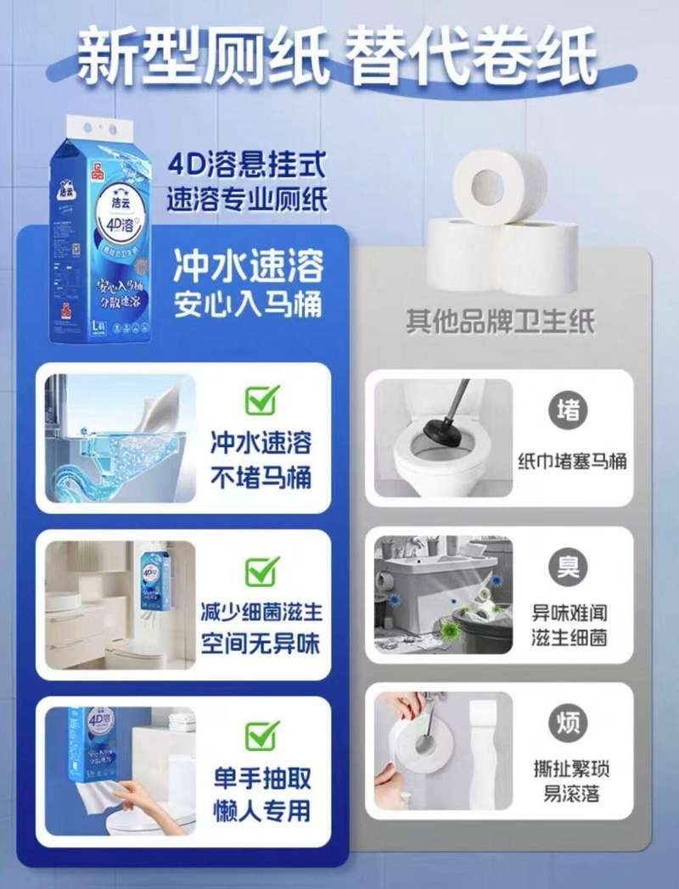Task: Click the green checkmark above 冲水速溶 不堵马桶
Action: click(262, 399)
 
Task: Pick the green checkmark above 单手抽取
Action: click(262, 735)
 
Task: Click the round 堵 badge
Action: click(569, 410)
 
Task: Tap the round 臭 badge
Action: click(569, 566)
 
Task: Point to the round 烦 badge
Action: click(569, 724)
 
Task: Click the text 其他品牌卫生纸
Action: click(500, 321)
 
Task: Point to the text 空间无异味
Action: click(261, 644)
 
